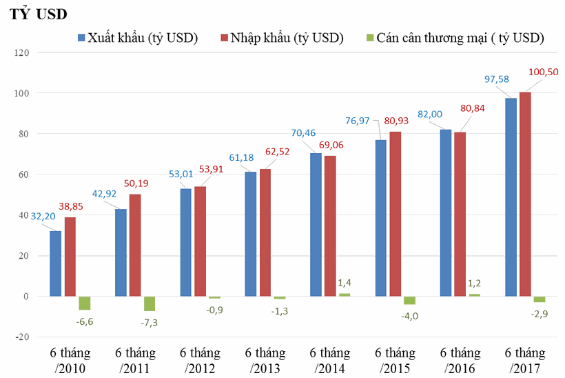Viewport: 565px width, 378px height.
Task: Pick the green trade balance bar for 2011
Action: click(150, 304)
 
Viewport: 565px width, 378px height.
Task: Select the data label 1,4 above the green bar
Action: click(345, 283)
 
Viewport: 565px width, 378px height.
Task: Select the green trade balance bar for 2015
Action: click(409, 300)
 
